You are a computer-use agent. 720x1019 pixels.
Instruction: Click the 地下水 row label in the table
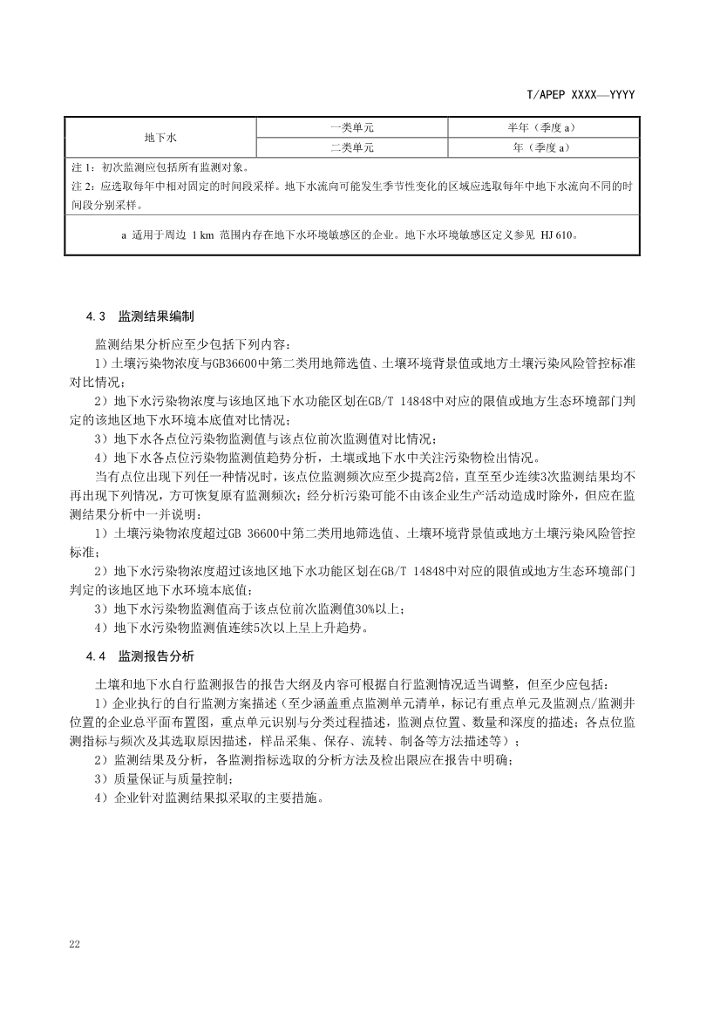[x=160, y=138]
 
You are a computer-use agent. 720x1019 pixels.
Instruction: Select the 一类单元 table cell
[x=352, y=128]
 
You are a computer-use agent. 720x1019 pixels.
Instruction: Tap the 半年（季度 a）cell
[x=544, y=128]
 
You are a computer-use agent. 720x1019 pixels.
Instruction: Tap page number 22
[x=74, y=945]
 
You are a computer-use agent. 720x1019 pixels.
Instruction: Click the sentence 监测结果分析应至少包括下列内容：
[x=188, y=344]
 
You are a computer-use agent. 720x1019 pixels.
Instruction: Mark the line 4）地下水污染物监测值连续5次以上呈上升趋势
[x=237, y=628]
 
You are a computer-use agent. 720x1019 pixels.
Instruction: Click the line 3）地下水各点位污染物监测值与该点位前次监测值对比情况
[x=265, y=438]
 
